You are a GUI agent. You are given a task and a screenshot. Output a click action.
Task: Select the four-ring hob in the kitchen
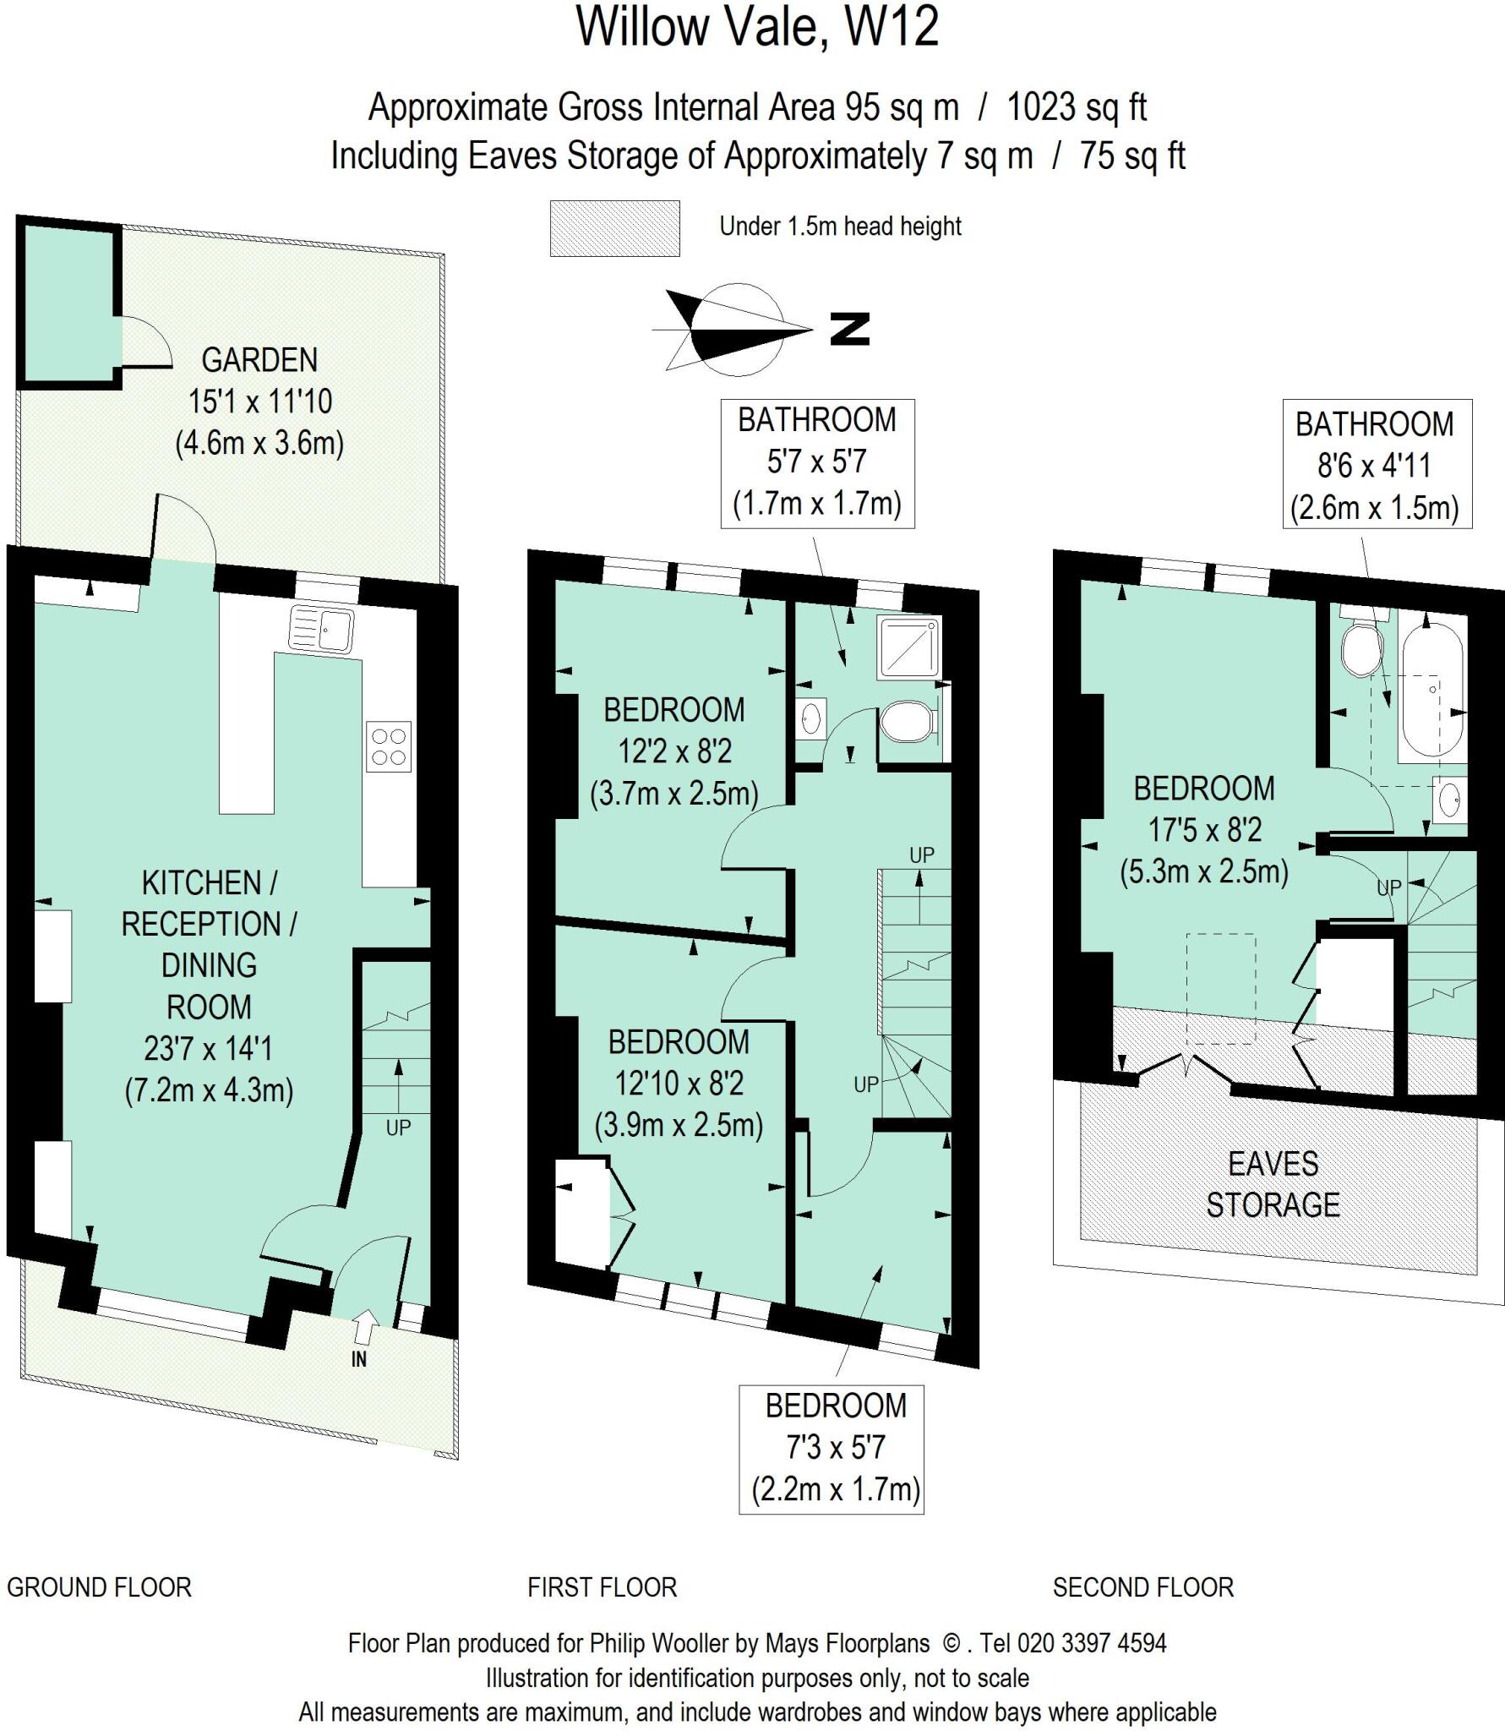coord(389,746)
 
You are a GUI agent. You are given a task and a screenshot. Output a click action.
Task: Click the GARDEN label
coord(259,360)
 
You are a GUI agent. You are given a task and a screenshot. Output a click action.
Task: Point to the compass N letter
coord(849,329)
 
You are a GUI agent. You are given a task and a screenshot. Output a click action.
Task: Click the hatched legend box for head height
coord(614,227)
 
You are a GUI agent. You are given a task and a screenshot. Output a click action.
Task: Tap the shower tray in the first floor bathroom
coord(908,647)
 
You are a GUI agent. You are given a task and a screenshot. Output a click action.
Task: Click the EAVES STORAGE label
coord(1273,1183)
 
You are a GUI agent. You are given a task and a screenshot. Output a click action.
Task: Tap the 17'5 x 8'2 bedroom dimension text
coord(1204,830)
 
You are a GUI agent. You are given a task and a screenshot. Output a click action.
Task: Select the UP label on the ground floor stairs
coord(398,1128)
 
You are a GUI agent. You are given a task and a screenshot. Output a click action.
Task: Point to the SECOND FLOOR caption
coord(1142,1587)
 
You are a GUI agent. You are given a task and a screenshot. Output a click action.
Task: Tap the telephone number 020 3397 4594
coord(1092,1643)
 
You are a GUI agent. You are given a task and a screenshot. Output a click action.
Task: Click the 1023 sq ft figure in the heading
coord(1077,107)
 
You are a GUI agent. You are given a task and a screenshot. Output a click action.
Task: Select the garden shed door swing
coord(144,342)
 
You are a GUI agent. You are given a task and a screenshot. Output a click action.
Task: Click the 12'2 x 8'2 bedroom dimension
coord(673,751)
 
